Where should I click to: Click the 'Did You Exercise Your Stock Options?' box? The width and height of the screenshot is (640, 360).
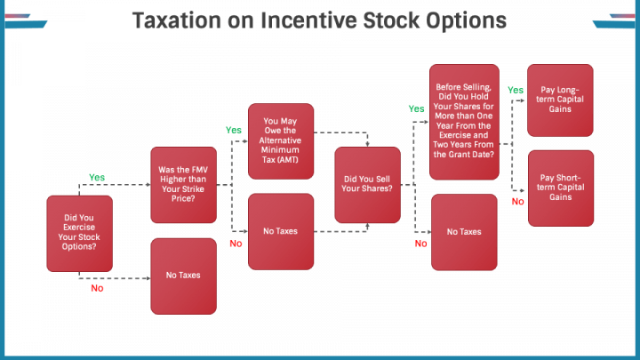coord(80,234)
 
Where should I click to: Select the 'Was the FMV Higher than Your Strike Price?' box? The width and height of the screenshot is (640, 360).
coord(184,185)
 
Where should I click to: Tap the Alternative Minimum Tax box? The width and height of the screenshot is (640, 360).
coord(281,141)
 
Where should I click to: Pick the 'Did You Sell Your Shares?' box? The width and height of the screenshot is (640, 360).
coord(367,185)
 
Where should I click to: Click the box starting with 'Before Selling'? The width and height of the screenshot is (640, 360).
coord(464,122)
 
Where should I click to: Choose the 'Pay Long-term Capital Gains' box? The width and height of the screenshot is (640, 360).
coord(560,100)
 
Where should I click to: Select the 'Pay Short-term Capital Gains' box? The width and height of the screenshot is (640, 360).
coord(561,188)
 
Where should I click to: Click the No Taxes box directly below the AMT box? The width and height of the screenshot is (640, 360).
coord(281,231)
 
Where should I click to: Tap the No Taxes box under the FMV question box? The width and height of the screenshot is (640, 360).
coord(184,276)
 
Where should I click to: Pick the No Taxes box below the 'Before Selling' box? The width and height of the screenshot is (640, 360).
coord(464,232)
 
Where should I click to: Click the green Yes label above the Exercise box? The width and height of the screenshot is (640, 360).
coord(97,178)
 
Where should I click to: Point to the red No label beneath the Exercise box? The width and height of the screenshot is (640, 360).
coord(97,288)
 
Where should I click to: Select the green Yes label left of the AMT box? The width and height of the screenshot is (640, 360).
coord(234,130)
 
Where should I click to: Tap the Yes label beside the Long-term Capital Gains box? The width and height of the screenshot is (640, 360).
coord(516,90)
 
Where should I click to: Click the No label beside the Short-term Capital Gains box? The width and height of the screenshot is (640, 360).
coord(518,202)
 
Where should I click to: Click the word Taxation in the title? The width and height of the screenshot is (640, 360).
coord(177,20)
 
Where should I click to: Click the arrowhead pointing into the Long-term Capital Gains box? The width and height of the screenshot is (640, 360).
coord(522,100)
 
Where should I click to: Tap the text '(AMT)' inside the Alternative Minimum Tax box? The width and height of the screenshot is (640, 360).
coord(288,160)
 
